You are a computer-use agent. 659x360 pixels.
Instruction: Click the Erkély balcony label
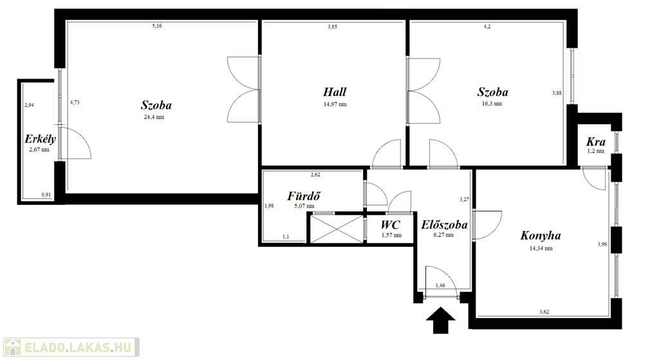(40, 139)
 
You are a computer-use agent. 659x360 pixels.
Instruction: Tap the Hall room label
(335, 91)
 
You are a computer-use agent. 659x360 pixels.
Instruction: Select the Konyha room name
(541, 236)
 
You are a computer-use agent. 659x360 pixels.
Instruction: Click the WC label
(391, 225)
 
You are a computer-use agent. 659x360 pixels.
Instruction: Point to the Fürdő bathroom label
(304, 196)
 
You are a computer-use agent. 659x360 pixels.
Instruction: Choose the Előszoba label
(444, 225)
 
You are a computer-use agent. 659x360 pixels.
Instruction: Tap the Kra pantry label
(595, 141)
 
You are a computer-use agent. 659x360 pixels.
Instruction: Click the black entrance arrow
(440, 321)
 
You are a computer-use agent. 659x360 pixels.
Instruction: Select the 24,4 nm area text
(154, 117)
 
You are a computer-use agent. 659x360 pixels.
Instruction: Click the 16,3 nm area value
(492, 104)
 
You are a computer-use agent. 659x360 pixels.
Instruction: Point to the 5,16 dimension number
(157, 26)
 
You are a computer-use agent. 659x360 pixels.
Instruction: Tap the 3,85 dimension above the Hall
(333, 26)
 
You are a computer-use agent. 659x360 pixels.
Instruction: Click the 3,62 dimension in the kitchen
(544, 312)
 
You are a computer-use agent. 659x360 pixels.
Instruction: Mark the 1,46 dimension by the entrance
(440, 285)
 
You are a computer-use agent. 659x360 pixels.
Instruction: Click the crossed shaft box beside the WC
(336, 229)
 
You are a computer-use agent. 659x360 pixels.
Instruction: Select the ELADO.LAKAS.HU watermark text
(78, 348)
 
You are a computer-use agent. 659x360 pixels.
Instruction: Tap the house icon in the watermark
(13, 347)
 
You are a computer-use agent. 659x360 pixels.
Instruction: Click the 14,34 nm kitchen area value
(541, 248)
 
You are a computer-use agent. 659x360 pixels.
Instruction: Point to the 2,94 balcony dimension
(29, 105)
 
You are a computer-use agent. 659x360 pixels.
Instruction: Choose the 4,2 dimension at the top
(487, 26)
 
